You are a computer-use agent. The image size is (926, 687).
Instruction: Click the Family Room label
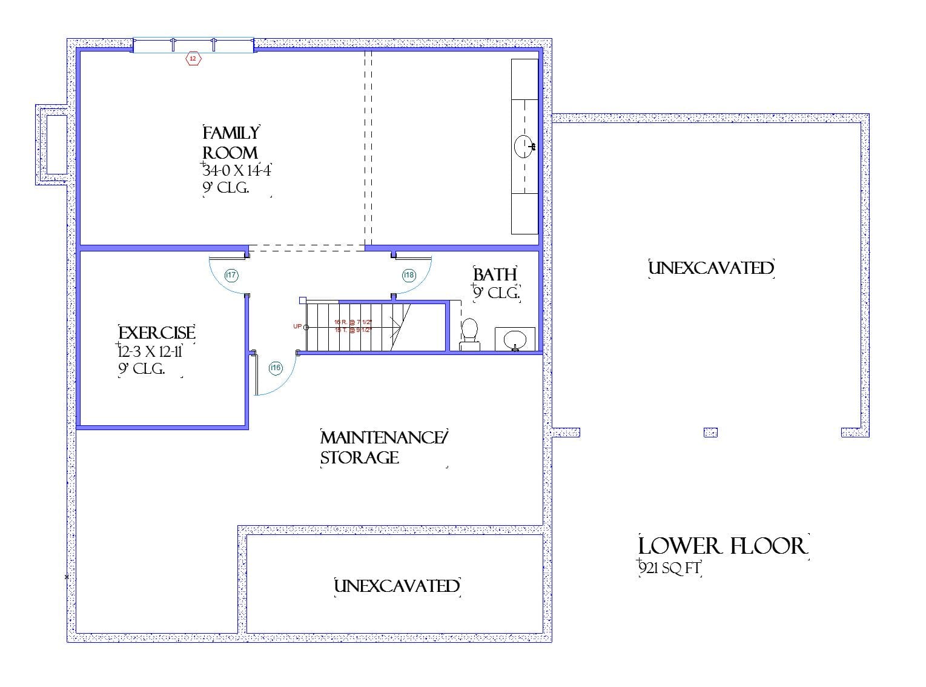231,142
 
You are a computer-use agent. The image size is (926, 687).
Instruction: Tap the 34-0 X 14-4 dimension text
236,170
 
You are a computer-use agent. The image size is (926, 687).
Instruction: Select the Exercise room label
157,333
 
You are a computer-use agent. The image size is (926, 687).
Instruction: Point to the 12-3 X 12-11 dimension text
150,351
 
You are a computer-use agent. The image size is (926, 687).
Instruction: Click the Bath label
495,274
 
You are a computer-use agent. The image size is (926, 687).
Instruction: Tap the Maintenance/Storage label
383,447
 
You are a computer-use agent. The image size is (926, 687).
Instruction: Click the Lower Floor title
723,546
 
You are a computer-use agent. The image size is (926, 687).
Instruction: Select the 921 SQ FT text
669,568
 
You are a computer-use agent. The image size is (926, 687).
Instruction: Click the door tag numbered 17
231,275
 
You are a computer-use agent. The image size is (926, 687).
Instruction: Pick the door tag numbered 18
409,275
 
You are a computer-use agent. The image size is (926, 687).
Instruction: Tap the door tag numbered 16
276,368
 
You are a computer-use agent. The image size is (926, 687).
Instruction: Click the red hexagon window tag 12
193,59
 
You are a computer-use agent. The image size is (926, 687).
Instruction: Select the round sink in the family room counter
524,146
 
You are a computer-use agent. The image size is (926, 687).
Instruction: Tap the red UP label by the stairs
297,327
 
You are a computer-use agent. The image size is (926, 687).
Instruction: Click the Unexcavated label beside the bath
711,268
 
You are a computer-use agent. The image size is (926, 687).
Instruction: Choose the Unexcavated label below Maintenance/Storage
397,586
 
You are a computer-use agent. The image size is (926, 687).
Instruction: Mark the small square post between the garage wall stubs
710,432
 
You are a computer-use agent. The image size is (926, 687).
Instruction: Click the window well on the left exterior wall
56,144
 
